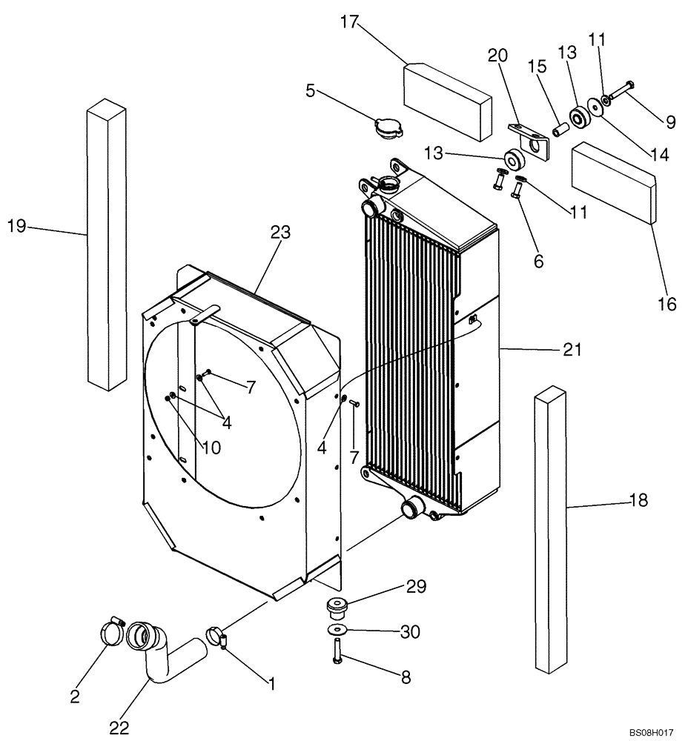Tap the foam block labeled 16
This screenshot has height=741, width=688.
(x=614, y=182)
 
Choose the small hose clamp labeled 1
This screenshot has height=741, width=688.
(x=215, y=635)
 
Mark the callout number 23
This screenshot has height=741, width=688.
(x=279, y=233)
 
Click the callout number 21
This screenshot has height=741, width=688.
(x=572, y=350)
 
